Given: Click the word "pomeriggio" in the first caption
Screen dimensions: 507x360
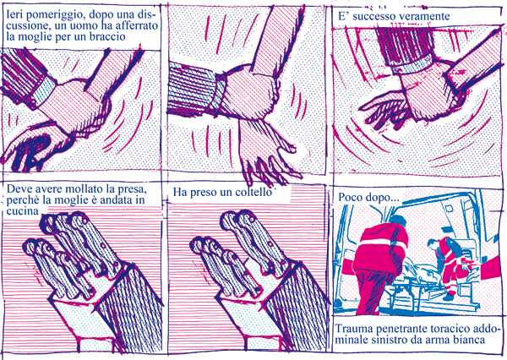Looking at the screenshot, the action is (52, 15).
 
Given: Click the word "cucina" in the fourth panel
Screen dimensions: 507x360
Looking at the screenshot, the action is (22, 211).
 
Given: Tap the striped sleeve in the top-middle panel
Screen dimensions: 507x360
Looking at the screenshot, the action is (194, 87).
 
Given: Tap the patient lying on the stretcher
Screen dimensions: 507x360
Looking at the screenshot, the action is (423, 272).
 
